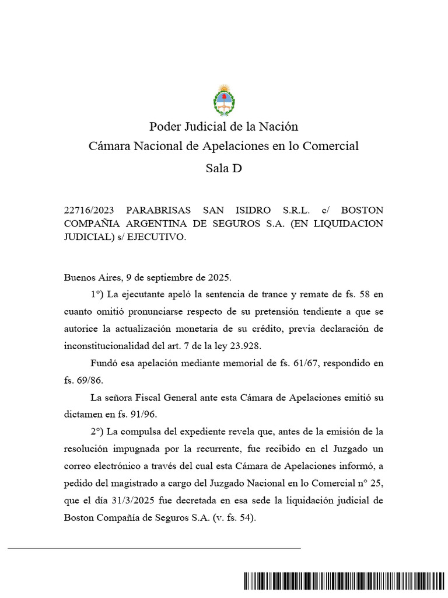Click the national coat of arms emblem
click(223, 100)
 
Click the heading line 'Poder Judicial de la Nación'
click(223, 126)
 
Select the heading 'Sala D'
click(223, 169)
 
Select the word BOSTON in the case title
click(362, 210)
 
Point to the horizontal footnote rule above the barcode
click(154, 548)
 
